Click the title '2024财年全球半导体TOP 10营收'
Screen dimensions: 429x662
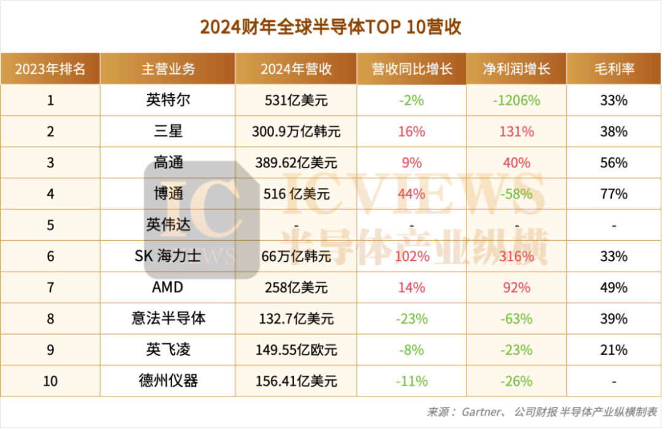[x=330, y=28]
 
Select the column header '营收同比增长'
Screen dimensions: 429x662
[x=412, y=69]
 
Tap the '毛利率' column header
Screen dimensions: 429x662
[x=614, y=69]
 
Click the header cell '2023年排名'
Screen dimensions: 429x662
[x=50, y=69]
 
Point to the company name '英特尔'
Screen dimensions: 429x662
[x=168, y=100]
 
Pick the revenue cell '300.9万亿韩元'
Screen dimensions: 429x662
[x=296, y=132]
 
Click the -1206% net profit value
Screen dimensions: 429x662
[x=516, y=100]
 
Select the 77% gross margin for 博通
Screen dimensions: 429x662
[x=614, y=194]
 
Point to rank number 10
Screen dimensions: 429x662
[x=50, y=381]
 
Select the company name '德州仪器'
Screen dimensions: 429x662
[x=168, y=381]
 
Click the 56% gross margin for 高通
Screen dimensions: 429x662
[x=614, y=163]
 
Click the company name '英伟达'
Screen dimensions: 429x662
[x=168, y=226]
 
